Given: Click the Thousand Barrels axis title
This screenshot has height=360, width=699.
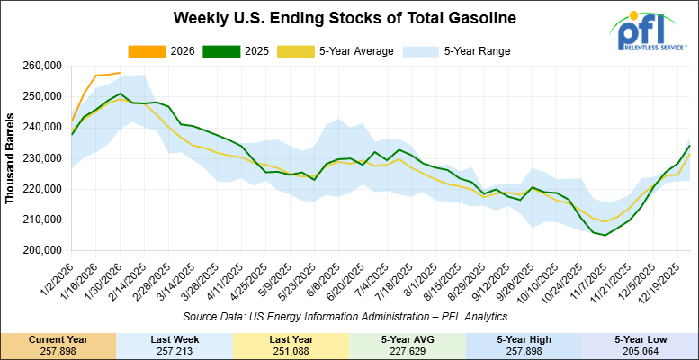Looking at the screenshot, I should coord(11,158).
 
